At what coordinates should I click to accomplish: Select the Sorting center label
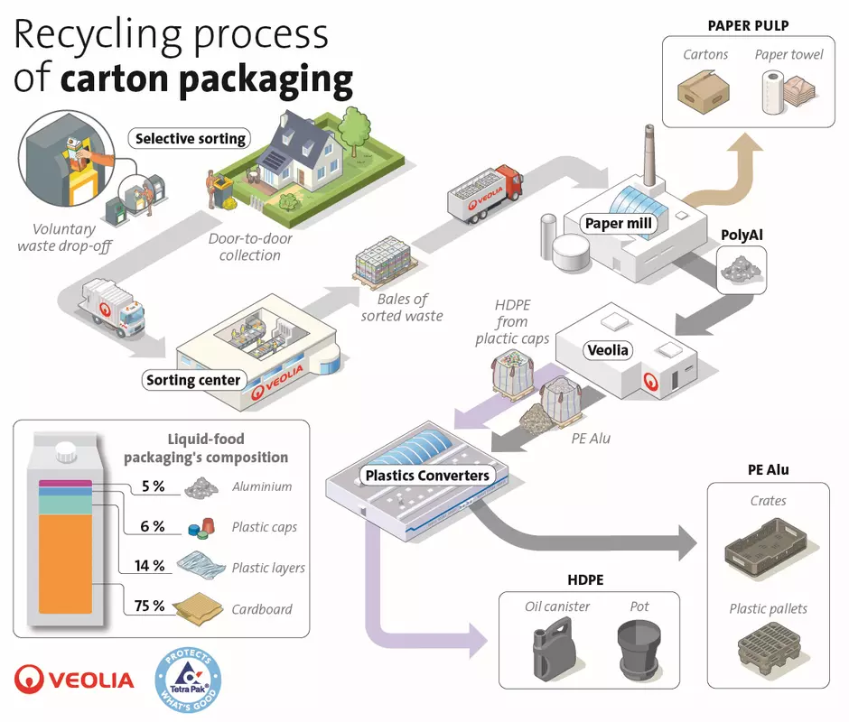(193, 380)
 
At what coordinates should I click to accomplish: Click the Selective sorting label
(190, 139)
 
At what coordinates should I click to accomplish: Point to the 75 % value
(149, 606)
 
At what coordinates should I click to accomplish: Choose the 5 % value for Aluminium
(153, 486)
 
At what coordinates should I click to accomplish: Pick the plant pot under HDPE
(640, 646)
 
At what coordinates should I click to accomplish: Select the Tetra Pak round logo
(189, 675)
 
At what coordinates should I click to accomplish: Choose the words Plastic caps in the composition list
(264, 527)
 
